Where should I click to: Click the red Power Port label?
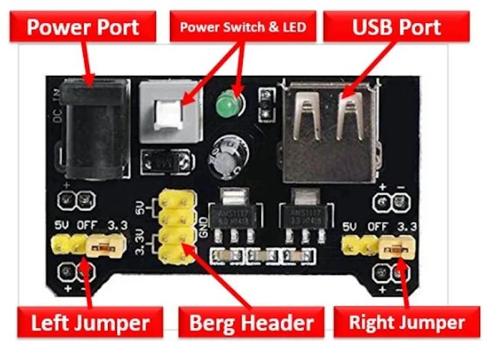82,27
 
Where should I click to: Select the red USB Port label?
396,27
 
